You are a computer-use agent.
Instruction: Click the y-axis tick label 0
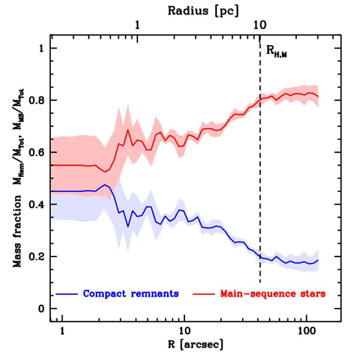pyautogui.click(x=42, y=309)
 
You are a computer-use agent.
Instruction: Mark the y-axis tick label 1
pyautogui.click(x=42, y=49)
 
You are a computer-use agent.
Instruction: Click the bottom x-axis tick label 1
pyautogui.click(x=62, y=331)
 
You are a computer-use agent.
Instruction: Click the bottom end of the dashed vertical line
pyautogui.click(x=260, y=282)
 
